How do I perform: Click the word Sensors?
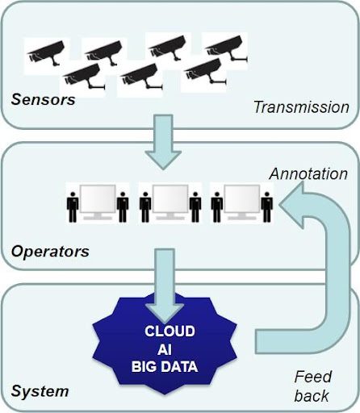pos(43,99)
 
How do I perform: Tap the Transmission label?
pos(301,107)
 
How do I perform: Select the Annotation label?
pos(308,173)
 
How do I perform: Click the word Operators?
pos(50,252)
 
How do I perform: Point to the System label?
pos(40,391)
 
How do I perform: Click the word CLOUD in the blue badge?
pos(170,332)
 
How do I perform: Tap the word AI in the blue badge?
pos(165,349)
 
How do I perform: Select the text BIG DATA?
pos(165,367)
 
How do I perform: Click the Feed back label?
pos(312,386)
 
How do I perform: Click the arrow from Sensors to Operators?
pos(163,142)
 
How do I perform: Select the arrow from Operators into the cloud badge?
pos(165,286)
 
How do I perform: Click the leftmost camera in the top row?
pos(46,53)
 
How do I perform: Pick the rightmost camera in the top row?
pos(226,48)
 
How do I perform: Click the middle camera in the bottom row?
pos(141,77)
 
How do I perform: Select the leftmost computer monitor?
pos(98,202)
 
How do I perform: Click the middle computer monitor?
pos(170,202)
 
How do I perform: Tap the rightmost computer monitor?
pos(242,202)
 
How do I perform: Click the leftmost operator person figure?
pos(73,207)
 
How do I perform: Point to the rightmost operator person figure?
pos(267,207)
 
